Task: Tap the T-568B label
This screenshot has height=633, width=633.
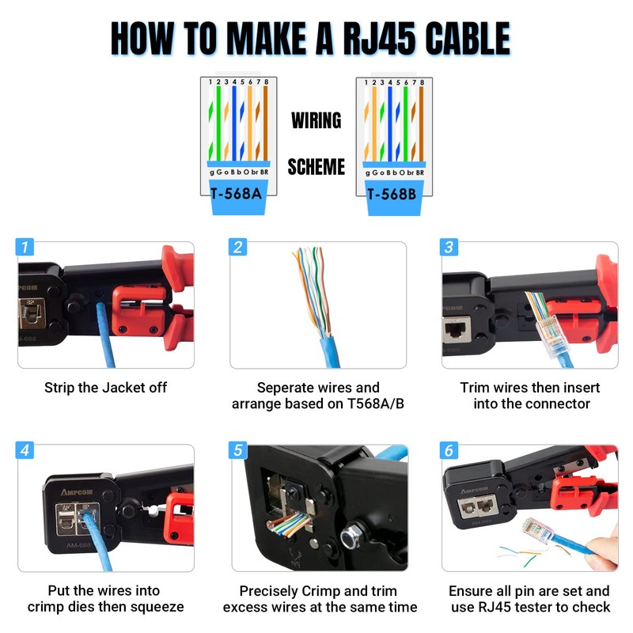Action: pos(393,191)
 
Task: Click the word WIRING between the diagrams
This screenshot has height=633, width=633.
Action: pos(316,121)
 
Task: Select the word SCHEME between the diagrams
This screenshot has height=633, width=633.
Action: pos(316,167)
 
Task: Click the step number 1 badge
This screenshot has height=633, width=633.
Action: pos(26,247)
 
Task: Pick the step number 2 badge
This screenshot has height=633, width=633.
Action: pos(238,247)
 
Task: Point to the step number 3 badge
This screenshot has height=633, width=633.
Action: pos(449,247)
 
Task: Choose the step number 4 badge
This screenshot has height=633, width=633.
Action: pos(26,450)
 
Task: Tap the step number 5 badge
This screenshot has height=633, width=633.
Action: pos(238,450)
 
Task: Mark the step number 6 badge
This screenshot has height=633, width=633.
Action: pos(449,450)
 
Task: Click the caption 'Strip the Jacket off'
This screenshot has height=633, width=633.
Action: pos(105,388)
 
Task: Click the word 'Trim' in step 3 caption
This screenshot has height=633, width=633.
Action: pos(475,388)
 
